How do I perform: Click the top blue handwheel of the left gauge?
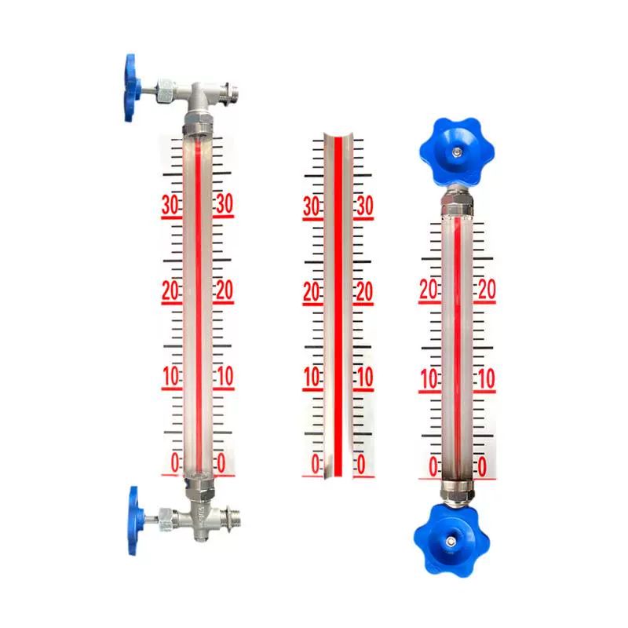coord(132,87)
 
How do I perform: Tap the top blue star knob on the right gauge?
coord(457,152)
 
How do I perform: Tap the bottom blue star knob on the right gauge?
coord(451,539)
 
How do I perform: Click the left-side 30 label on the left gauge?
coord(170,205)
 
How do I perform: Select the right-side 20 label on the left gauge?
coord(225,290)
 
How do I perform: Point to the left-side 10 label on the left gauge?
coord(171,377)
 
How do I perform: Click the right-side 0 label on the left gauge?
coord(221,463)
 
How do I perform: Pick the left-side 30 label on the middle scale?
coord(312,206)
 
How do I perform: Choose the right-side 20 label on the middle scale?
coord(364,291)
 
